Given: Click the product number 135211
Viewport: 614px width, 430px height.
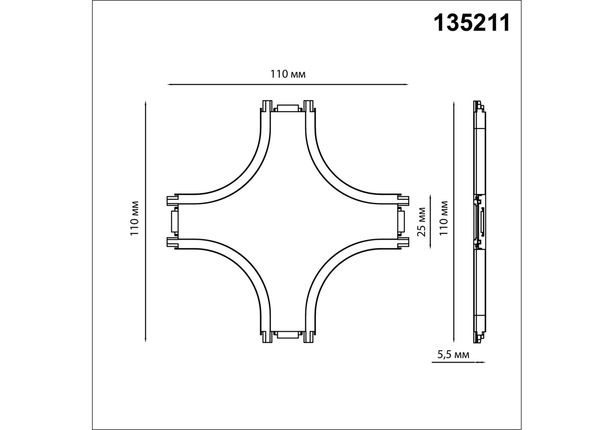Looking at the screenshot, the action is (x=472, y=23).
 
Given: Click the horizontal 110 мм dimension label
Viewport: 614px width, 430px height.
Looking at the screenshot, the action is (x=288, y=74).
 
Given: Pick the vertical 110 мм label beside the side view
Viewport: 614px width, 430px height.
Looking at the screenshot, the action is (x=444, y=218).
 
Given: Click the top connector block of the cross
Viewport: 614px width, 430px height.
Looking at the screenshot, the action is (x=288, y=109).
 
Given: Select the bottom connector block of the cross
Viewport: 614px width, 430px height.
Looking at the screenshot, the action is (x=288, y=335).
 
